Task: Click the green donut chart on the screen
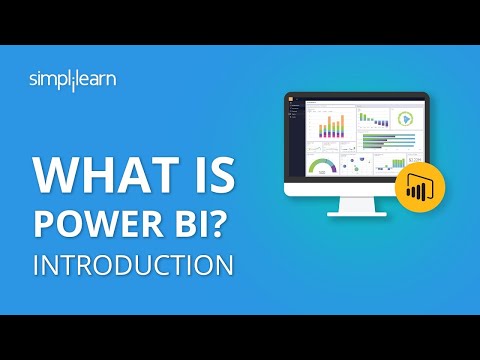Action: [405, 118]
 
